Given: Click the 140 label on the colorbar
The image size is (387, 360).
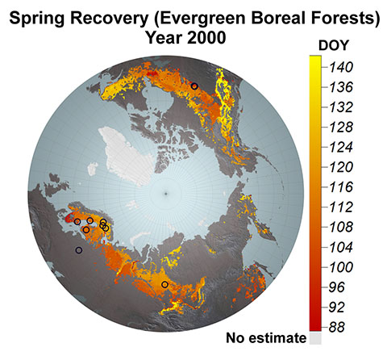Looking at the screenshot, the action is click(341, 67).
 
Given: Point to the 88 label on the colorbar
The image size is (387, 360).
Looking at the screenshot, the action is click(337, 328).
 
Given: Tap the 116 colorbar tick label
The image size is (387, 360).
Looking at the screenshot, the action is click(341, 187).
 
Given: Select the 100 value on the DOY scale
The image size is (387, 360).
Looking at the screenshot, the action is click(341, 267).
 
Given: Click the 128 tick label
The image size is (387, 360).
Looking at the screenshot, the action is click(341, 127).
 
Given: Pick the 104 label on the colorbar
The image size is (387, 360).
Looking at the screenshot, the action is click(341, 247).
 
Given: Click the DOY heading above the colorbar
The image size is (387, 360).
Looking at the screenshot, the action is click(334, 45).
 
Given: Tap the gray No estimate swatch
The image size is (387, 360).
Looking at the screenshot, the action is click(315, 338).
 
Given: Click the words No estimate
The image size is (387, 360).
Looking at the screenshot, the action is click(266, 338).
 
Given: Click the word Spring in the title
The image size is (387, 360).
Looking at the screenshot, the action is click(37, 19).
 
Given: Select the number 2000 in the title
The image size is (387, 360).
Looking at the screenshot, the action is click(206, 37).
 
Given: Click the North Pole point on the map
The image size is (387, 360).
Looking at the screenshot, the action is click(166, 194).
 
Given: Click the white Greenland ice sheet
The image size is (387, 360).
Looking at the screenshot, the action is click(127, 156).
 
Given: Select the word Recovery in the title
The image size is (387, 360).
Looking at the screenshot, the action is click(110, 19).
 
